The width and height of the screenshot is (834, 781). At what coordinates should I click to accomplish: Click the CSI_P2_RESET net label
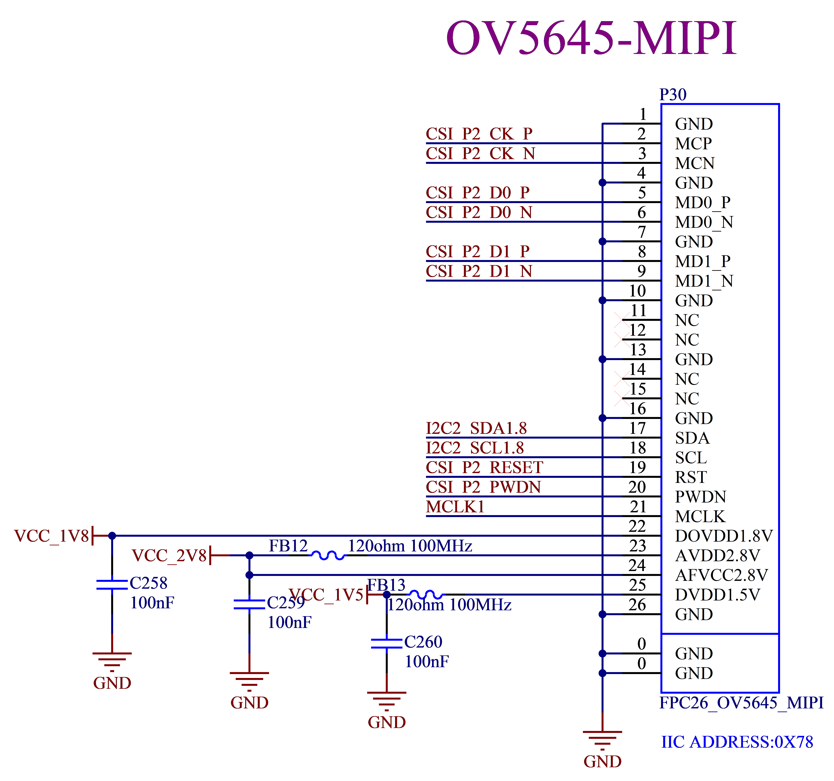click(485, 468)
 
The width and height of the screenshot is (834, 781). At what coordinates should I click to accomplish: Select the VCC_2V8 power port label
click(170, 556)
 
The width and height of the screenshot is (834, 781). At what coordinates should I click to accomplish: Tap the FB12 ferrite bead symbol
click(328, 556)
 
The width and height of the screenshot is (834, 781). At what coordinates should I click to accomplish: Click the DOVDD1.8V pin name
click(724, 536)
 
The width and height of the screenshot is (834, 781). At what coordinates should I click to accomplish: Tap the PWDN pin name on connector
click(700, 497)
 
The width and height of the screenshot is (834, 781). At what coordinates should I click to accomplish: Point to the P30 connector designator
click(673, 95)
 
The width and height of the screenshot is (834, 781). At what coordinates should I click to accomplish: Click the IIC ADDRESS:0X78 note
click(737, 742)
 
